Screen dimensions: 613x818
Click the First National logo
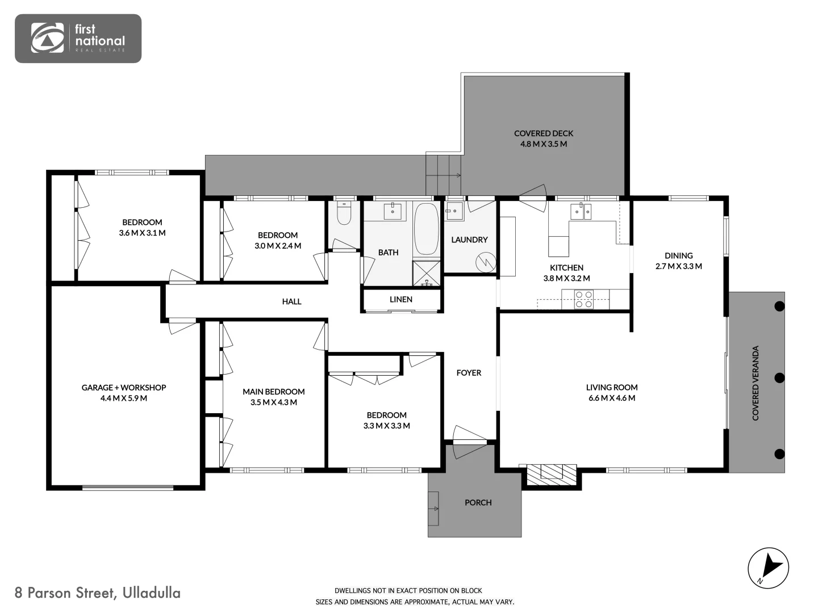coord(78,38)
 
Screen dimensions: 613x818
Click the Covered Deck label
coord(544,133)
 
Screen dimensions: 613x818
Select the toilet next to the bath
coord(344,213)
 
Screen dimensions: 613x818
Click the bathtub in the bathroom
coord(426,229)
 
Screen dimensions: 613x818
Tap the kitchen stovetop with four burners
coord(584,299)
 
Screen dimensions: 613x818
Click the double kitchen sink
coord(581,212)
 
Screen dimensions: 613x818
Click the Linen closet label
coord(401,299)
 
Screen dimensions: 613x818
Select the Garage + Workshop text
coord(124,388)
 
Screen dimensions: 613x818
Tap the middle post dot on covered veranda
coord(779,377)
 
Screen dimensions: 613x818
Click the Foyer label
coord(469,373)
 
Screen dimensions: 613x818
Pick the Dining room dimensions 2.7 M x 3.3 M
coord(678,266)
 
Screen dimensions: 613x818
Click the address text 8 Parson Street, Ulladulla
coord(98,593)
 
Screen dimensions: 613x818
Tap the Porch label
coord(478,502)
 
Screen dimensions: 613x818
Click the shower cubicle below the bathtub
coord(426,273)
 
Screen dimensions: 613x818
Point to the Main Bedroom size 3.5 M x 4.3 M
coord(274,402)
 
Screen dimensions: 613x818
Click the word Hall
coord(291,301)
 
